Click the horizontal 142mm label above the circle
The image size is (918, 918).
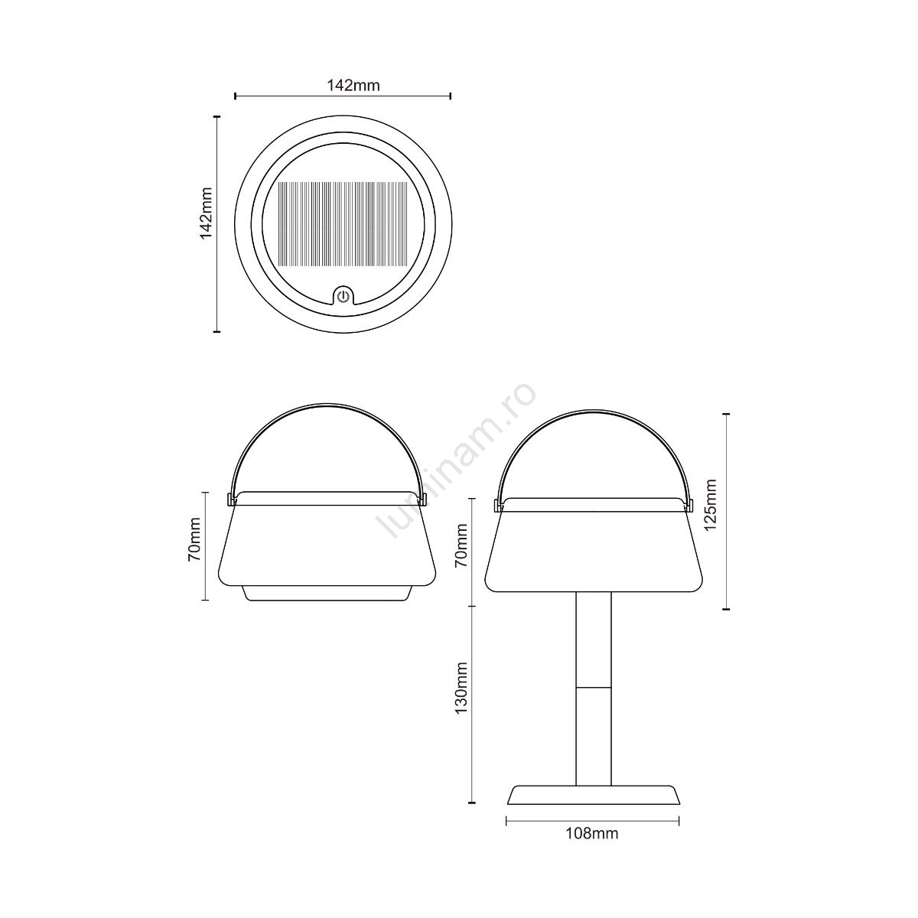pyautogui.click(x=353, y=85)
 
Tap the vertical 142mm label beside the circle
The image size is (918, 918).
pyautogui.click(x=206, y=213)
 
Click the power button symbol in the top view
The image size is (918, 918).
pyautogui.click(x=343, y=297)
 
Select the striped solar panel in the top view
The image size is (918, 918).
pyautogui.click(x=343, y=224)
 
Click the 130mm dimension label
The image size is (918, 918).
pyautogui.click(x=461, y=695)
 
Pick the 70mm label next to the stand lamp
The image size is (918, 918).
pyautogui.click(x=461, y=545)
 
